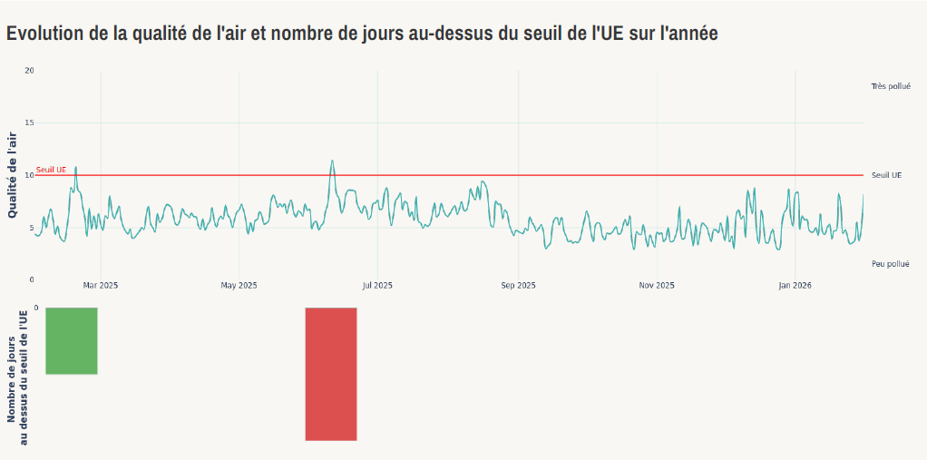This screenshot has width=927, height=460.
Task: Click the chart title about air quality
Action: [363, 34]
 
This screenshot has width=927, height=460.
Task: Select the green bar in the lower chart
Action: [72, 340]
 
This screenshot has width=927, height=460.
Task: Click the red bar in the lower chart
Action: [331, 374]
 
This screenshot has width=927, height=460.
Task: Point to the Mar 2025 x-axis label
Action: [101, 286]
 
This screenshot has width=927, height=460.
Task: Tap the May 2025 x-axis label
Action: [239, 286]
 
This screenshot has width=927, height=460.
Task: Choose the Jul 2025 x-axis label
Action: [377, 286]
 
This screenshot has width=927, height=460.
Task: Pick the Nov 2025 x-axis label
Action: [656, 286]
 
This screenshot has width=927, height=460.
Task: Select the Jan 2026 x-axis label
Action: [795, 286]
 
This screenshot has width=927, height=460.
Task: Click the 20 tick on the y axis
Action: [29, 71]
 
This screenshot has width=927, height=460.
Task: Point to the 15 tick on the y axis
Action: [29, 122]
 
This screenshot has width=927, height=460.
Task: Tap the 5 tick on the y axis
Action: [31, 228]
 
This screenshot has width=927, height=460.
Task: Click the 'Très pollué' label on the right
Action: [890, 86]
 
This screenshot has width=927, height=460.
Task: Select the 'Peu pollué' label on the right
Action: [890, 264]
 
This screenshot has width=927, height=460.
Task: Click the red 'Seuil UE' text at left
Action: [51, 170]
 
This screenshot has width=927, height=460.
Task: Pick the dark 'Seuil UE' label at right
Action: [886, 175]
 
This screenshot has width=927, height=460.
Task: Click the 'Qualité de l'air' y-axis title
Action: [13, 175]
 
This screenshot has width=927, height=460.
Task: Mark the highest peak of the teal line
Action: [332, 161]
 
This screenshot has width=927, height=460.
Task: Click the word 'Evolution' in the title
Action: [48, 34]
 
